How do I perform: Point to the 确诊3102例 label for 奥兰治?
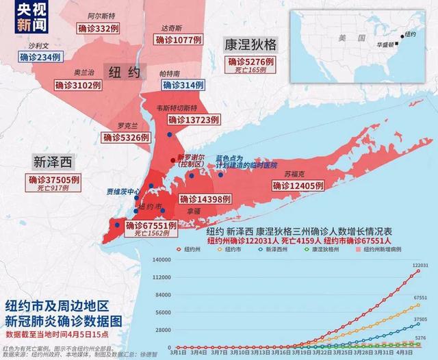pyautogui.click(x=78, y=85)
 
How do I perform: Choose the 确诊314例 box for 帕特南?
pyautogui.click(x=183, y=83)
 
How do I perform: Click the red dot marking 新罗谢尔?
pyautogui.click(x=172, y=151)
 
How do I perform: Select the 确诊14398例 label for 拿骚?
pyautogui.click(x=207, y=198)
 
